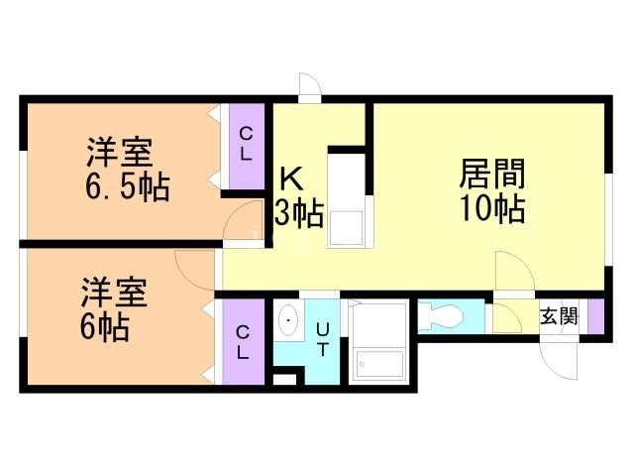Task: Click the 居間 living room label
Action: pyautogui.click(x=492, y=174)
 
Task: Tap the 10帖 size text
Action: pyautogui.click(x=493, y=209)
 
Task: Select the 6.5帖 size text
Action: pyautogui.click(x=127, y=187)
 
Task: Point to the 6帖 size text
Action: pyautogui.click(x=105, y=328)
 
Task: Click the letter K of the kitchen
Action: pyautogui.click(x=291, y=178)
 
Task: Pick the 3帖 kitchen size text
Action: pyautogui.click(x=299, y=213)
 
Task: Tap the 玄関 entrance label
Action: pyautogui.click(x=559, y=316)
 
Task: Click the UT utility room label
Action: pyautogui.click(x=323, y=339)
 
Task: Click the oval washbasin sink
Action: pyautogui.click(x=288, y=320)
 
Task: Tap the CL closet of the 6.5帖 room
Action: pyautogui.click(x=247, y=146)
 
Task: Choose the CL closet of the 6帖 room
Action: pyautogui.click(x=243, y=342)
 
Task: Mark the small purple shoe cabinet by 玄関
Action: pyautogui.click(x=595, y=316)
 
